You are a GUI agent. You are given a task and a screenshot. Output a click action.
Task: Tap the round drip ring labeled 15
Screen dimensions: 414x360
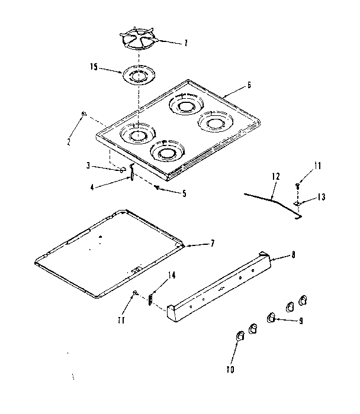tap(137, 76)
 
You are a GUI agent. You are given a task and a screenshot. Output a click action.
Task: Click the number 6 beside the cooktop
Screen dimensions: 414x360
tap(249, 85)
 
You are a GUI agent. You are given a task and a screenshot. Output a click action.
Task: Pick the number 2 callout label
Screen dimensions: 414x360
tap(69, 142)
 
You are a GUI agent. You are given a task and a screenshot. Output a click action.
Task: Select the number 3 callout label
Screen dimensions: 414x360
tap(88, 166)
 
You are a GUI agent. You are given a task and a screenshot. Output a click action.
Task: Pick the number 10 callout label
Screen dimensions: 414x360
tap(230, 370)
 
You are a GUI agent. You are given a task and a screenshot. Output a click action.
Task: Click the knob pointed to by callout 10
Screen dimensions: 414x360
tap(240, 336)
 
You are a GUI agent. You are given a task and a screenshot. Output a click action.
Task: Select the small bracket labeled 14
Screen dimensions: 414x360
tap(151, 299)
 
